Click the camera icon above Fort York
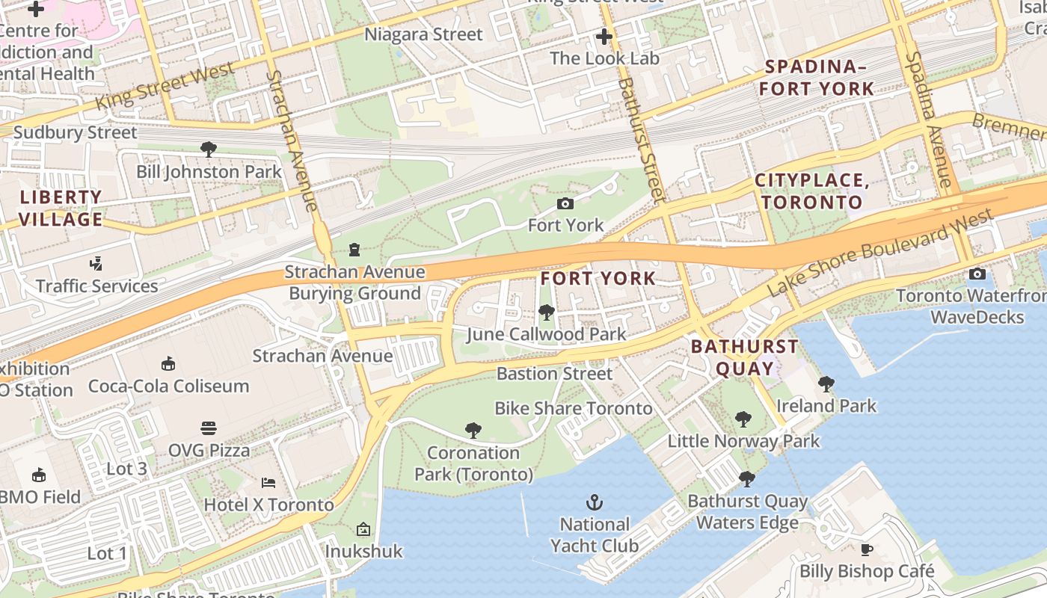pyautogui.click(x=565, y=203)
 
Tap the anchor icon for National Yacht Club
pyautogui.click(x=595, y=502)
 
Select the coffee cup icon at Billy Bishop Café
pyautogui.click(x=867, y=550)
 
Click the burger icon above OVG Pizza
pyautogui.click(x=209, y=428)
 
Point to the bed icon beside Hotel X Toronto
pyautogui.click(x=268, y=483)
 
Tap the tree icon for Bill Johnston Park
pyautogui.click(x=209, y=149)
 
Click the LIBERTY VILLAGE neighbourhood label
pyautogui.click(x=61, y=209)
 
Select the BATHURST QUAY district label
pyautogui.click(x=744, y=357)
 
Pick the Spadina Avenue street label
pyautogui.click(x=929, y=120)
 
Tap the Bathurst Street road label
pyautogui.click(x=641, y=140)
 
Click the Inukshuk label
pyautogui.click(x=363, y=552)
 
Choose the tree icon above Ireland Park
pyautogui.click(x=826, y=384)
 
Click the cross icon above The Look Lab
pyautogui.click(x=604, y=36)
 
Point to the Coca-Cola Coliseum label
pyautogui.click(x=168, y=386)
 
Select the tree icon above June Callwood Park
pyautogui.click(x=546, y=312)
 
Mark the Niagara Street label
pyautogui.click(x=423, y=34)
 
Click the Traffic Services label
pyautogui.click(x=97, y=286)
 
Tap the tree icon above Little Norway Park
pyautogui.click(x=743, y=419)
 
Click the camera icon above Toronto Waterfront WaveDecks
pyautogui.click(x=977, y=274)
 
